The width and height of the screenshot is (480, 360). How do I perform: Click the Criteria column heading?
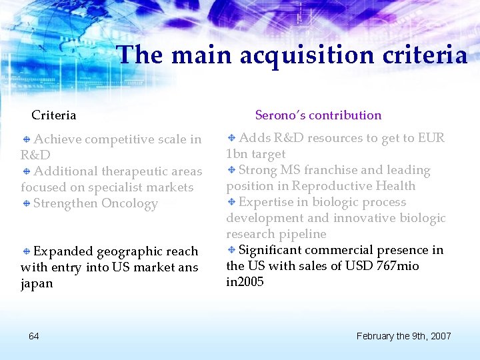pyautogui.click(x=54, y=115)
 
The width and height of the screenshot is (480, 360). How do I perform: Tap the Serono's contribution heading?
pyautogui.click(x=319, y=115)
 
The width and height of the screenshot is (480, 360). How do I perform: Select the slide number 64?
pyautogui.click(x=34, y=335)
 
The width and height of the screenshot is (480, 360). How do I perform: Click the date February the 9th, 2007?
pyautogui.click(x=404, y=335)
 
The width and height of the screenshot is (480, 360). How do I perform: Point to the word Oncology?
pyautogui.click(x=129, y=203)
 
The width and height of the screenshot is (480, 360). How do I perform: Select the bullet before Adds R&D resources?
pyautogui.click(x=231, y=139)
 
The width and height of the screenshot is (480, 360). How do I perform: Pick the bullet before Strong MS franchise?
pyautogui.click(x=231, y=171)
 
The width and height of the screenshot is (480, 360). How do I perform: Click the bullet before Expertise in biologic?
pyautogui.click(x=231, y=203)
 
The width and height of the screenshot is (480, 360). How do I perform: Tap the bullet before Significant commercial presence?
pyautogui.click(x=231, y=251)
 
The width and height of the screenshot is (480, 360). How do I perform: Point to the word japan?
pyautogui.click(x=37, y=283)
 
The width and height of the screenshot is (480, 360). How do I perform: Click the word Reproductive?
pyautogui.click(x=331, y=186)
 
